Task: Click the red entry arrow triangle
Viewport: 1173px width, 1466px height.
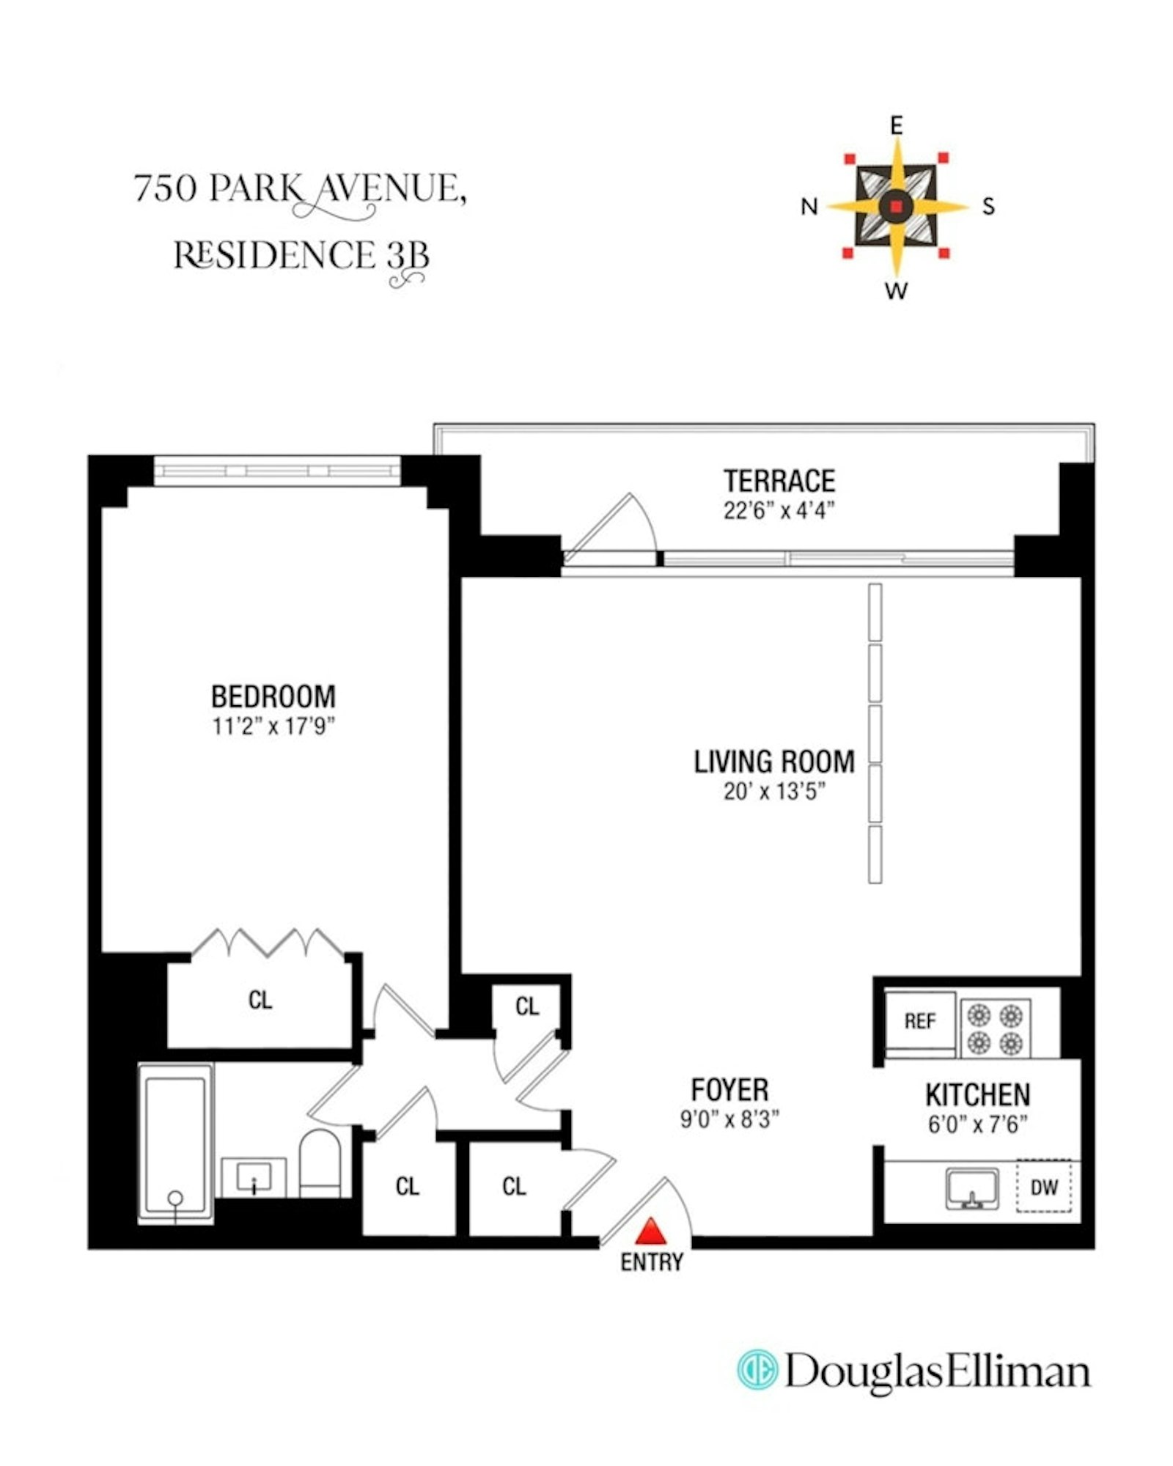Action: [650, 1232]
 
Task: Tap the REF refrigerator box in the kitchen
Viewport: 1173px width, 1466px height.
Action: [919, 1020]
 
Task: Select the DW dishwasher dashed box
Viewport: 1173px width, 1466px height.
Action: [1043, 1186]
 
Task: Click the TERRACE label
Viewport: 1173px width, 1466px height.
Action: [779, 481]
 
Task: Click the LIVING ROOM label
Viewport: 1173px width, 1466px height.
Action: [773, 762]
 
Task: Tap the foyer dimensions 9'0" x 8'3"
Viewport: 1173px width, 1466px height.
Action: [729, 1119]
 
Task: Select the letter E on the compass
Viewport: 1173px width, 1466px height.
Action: [896, 126]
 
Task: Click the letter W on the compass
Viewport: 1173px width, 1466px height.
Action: [896, 291]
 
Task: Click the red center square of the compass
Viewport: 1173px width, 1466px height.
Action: [895, 207]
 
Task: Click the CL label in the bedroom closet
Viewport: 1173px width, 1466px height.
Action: [260, 1000]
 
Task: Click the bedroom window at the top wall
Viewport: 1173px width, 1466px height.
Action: [277, 471]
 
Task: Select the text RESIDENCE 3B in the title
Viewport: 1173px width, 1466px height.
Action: [301, 256]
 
